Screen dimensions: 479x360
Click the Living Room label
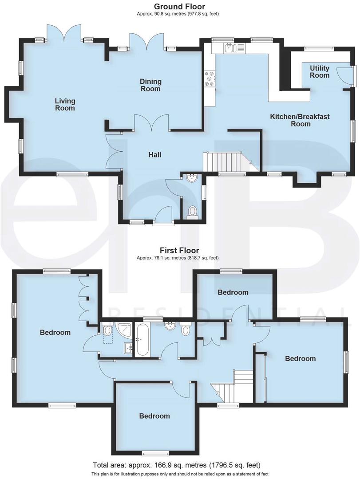click(65, 104)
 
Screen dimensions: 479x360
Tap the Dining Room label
click(150, 85)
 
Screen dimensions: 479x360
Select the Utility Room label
click(320, 71)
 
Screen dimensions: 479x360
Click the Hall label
click(154, 155)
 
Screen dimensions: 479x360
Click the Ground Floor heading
click(179, 6)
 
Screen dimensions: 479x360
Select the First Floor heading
click(180, 250)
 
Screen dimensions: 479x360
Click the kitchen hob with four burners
click(209, 79)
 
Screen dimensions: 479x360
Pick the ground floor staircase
click(225, 161)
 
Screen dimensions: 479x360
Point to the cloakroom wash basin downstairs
click(192, 179)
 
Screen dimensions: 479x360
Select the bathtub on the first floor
click(142, 340)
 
